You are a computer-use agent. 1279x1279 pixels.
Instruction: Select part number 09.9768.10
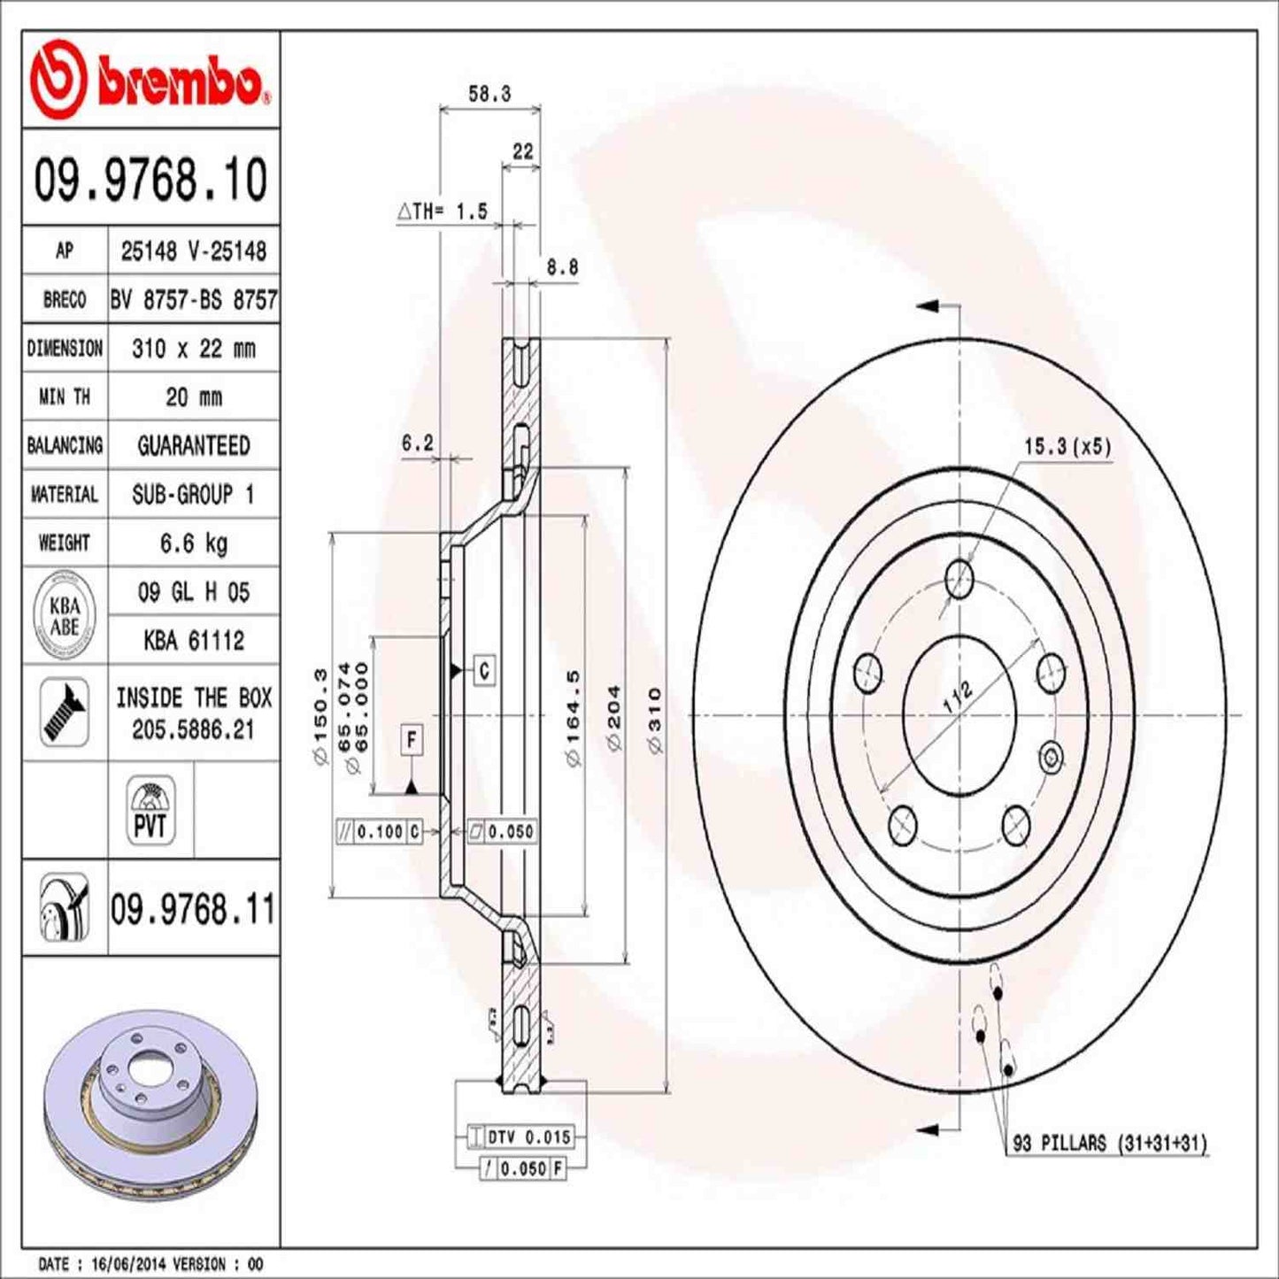(x=150, y=179)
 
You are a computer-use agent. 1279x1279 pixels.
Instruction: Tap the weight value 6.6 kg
(x=193, y=543)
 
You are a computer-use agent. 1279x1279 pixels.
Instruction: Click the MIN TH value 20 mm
(x=193, y=397)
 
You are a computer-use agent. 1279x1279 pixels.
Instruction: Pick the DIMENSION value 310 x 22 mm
(x=193, y=349)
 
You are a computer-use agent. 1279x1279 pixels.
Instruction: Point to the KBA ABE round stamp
(x=65, y=616)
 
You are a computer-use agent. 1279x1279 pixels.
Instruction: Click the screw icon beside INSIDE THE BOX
(x=65, y=713)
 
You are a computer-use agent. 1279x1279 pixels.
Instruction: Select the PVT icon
(x=150, y=810)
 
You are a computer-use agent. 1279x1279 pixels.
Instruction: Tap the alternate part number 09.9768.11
(x=193, y=910)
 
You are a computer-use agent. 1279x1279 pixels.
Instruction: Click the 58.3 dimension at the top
(x=489, y=94)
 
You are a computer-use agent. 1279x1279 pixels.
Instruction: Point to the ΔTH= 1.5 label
(x=443, y=212)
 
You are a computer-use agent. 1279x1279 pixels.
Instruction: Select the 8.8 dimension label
(x=561, y=266)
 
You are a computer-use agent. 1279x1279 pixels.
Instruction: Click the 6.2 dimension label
(x=417, y=443)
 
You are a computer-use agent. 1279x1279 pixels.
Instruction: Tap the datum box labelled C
(x=484, y=671)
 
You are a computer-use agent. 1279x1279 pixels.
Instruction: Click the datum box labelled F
(x=412, y=739)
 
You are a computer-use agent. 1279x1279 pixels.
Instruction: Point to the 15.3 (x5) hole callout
(x=1067, y=447)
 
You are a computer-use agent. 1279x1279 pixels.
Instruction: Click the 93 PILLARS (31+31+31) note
(x=1109, y=1144)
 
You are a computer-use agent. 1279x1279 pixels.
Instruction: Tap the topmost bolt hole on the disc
(x=959, y=580)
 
